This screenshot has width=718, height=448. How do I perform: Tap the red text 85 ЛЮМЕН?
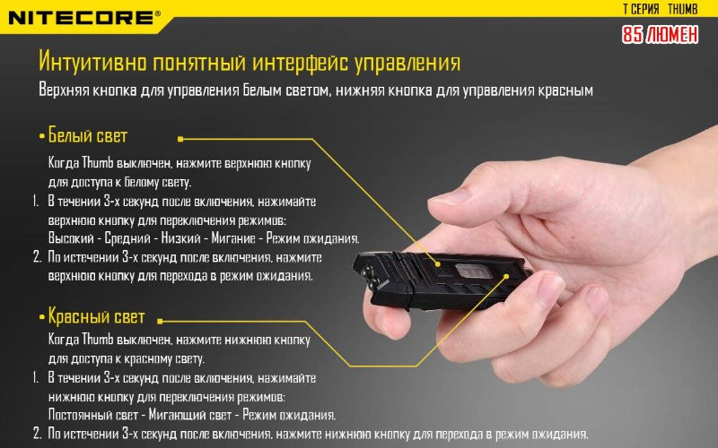[x=660, y=35]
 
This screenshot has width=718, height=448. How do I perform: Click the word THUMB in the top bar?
[x=682, y=9]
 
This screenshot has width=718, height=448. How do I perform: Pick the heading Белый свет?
[x=87, y=136]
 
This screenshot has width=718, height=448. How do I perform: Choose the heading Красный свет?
[x=96, y=317]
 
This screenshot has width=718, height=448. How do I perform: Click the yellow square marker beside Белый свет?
[x=180, y=139]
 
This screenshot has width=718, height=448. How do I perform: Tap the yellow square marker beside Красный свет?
[x=160, y=322]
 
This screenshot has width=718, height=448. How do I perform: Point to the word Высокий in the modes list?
[x=71, y=238]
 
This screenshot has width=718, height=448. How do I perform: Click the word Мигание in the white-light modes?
[x=233, y=238]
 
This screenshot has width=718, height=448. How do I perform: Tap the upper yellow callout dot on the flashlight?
[x=438, y=264]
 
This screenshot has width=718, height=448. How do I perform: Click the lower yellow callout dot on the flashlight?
[x=506, y=276]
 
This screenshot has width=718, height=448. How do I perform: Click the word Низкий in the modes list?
[x=181, y=238]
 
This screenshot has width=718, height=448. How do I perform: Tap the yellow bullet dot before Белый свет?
[x=42, y=137]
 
